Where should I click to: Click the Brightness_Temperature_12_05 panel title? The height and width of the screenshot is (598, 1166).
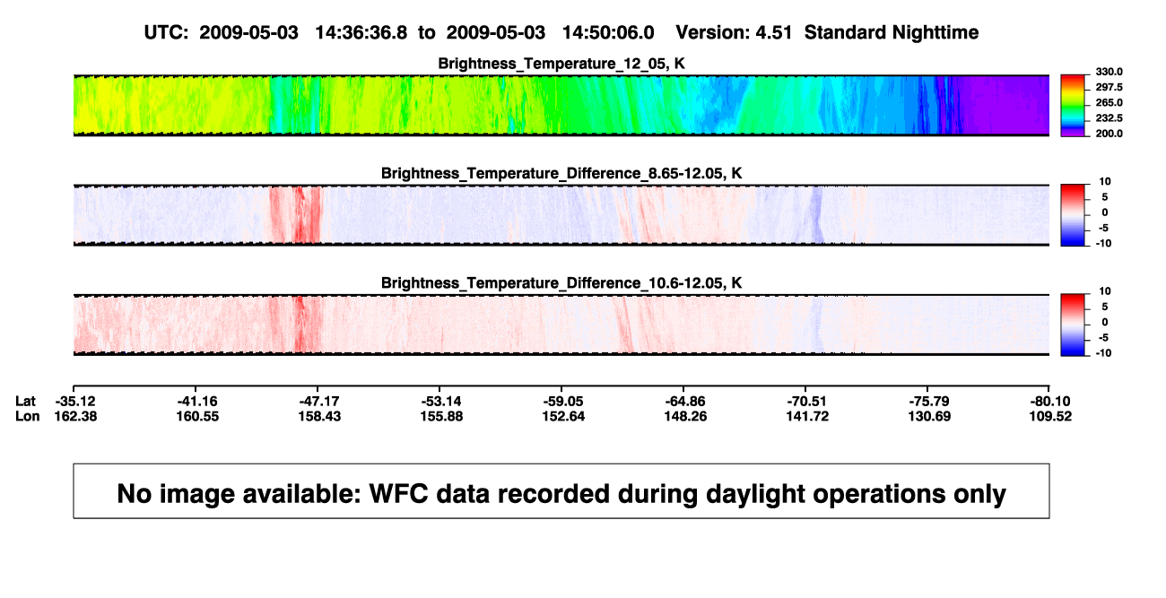(x=561, y=64)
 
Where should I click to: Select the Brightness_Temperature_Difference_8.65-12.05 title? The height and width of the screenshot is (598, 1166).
(x=561, y=173)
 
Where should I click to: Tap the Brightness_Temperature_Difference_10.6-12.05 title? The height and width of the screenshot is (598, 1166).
(x=561, y=283)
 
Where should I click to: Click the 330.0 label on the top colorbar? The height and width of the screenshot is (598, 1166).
(x=1109, y=72)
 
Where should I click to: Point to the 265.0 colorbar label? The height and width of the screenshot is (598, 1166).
(x=1109, y=102)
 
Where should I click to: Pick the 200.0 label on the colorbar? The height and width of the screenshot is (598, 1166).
(x=1109, y=134)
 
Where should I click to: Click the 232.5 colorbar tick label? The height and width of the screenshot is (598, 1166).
(x=1109, y=118)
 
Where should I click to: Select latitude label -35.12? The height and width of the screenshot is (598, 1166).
(x=75, y=402)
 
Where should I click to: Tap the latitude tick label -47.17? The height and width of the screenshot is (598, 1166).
(x=319, y=402)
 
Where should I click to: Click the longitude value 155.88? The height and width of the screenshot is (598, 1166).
(x=441, y=417)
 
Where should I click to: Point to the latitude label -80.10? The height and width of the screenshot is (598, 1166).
(x=1050, y=402)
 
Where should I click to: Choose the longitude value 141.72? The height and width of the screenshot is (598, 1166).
(x=807, y=417)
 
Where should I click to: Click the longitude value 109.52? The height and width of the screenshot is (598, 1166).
(x=1050, y=417)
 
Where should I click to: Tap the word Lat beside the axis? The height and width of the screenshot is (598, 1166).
(x=25, y=402)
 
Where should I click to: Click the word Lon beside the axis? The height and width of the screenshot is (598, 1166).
(x=27, y=417)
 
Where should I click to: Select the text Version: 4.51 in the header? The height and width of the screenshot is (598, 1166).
(x=734, y=33)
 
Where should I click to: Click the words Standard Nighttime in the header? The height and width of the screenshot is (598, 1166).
(x=892, y=33)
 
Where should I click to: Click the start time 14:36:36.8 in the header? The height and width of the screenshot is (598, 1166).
(x=361, y=33)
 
